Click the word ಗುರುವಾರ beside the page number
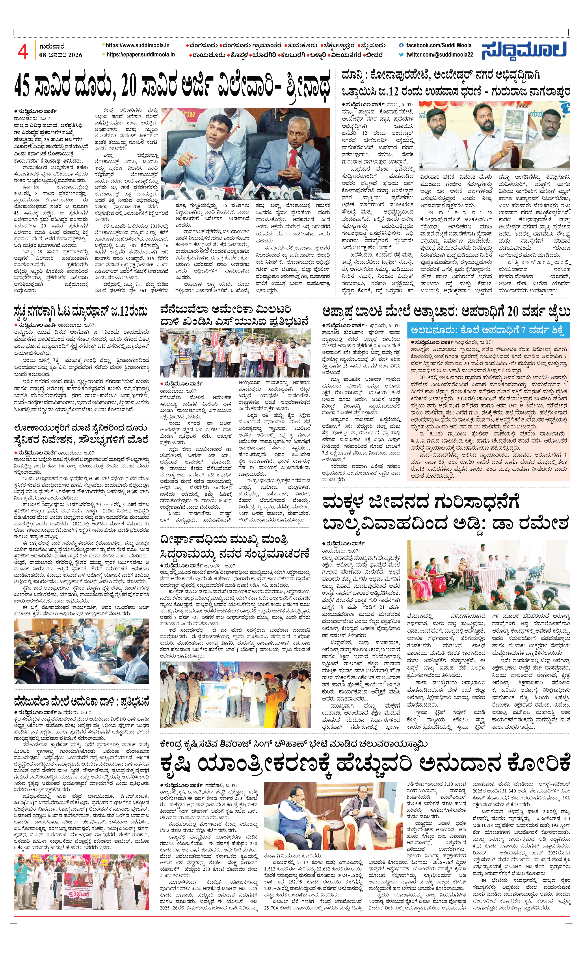(x=52, y=47)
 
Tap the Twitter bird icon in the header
(x=401, y=55)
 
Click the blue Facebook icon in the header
(x=401, y=45)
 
